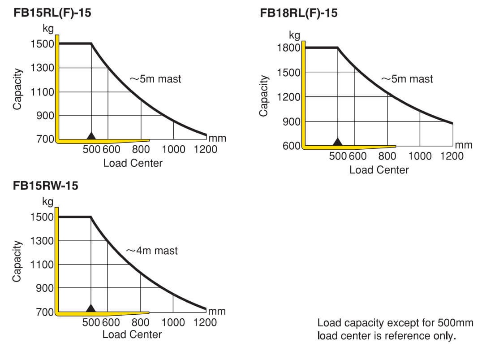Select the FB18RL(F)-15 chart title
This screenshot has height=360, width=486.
tap(299, 13)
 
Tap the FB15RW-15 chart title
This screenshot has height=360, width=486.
tap(45, 186)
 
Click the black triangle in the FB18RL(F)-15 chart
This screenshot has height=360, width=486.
tap(338, 142)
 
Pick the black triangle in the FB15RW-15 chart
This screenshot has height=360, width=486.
tap(91, 308)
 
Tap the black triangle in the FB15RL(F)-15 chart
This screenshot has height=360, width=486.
tap(91, 135)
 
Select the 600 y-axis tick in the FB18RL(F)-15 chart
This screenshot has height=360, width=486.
tap(292, 146)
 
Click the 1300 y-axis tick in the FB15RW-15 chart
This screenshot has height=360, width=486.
tap(42, 241)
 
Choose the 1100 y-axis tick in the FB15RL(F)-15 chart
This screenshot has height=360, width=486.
tap(42, 92)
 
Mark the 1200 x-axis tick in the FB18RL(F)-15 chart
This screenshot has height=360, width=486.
tap(452, 156)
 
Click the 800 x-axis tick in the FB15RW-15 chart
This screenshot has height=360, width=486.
tap(141, 322)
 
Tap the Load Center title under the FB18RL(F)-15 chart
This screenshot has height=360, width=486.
tap(379, 170)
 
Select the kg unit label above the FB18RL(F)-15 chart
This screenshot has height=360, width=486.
tap(294, 35)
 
